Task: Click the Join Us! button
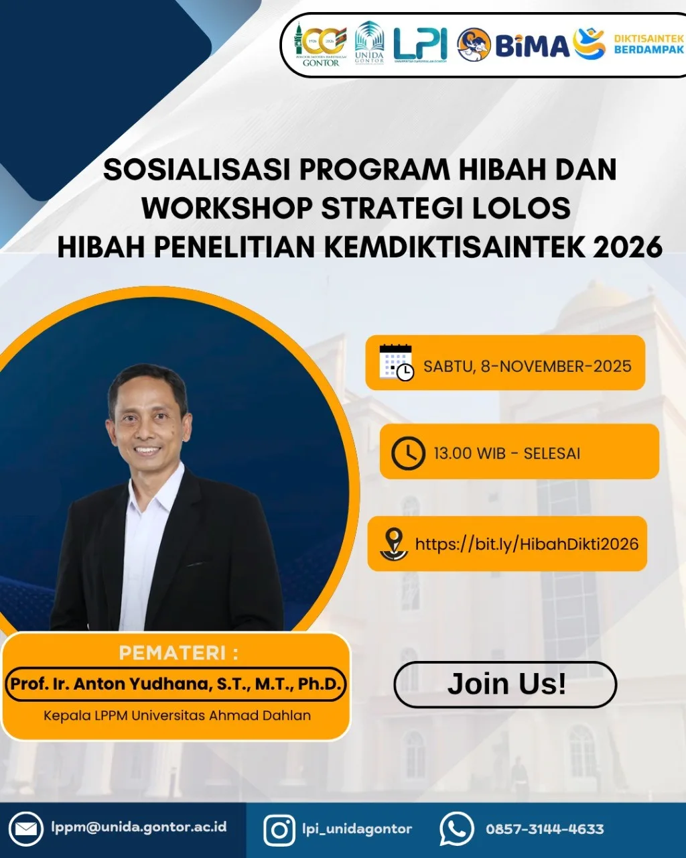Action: pos(505,684)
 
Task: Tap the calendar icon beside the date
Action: pos(396,363)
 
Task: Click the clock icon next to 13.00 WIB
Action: pos(407,453)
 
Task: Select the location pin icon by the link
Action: pos(394,544)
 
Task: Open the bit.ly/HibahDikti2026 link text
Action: pos(527,544)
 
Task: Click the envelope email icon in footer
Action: pos(26,829)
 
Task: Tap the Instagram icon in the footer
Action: pos(279,830)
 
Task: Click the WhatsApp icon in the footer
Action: pos(456,829)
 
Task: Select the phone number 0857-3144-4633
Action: pos(545,829)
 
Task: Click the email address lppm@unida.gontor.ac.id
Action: pos(139,826)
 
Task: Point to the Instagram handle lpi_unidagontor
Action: pos(356,829)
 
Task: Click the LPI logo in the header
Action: pos(420,45)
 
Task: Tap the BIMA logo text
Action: pos(532,46)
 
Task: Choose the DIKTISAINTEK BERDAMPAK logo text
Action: pos(648,44)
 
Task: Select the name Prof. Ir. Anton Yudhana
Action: pos(176,684)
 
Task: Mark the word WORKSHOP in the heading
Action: pos(227,208)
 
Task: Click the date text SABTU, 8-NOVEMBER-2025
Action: pos(527,366)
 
